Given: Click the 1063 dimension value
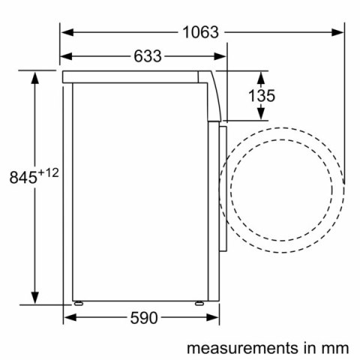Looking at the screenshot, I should coord(200,32).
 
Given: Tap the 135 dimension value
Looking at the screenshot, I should coord(261,95).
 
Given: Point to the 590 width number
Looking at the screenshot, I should coord(144,318).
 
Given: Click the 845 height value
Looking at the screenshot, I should coord(22,178).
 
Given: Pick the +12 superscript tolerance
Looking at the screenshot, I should coord(48,173).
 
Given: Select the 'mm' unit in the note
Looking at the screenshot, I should coord(336,348).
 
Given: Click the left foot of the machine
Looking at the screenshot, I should coord(78,303).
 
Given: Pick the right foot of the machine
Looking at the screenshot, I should coord(199,303).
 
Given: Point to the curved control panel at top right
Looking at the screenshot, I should coord(215,94).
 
